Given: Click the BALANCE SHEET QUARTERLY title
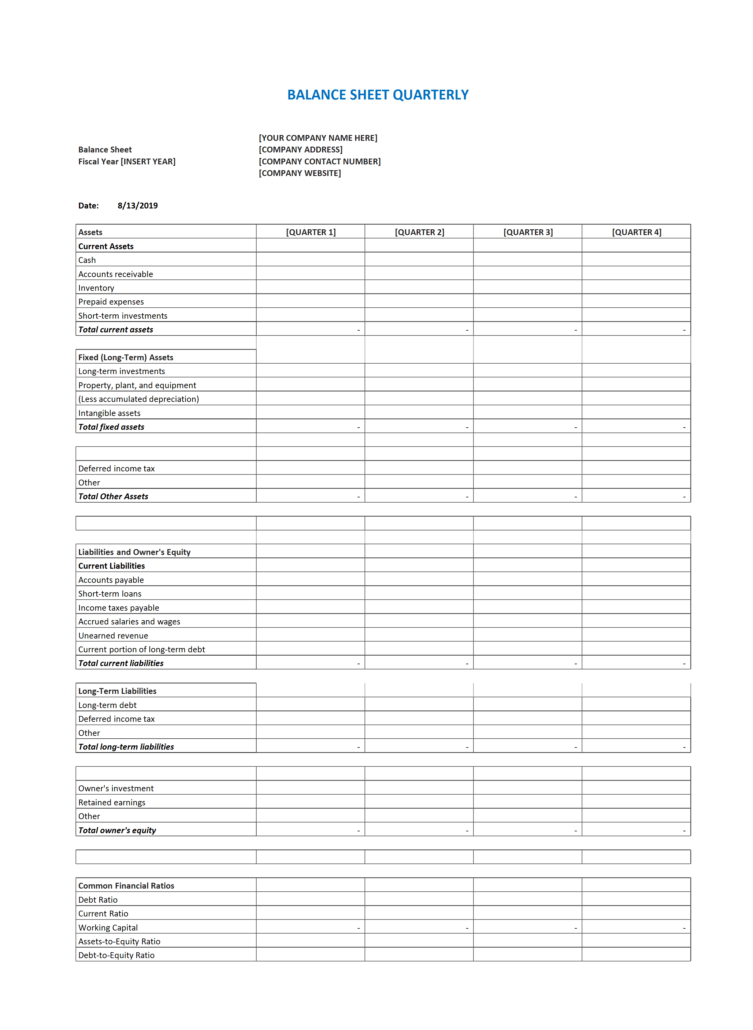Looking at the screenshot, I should point(377,95).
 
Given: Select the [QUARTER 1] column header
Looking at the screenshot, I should point(310,232).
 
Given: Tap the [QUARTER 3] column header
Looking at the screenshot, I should point(528,232).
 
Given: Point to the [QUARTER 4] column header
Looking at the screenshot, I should point(636,232).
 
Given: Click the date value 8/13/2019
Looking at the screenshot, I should point(138,206).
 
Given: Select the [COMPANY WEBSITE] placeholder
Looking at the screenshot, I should point(299,173).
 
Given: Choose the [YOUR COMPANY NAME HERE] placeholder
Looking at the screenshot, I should point(318,138).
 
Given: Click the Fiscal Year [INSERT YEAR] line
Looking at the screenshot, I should point(127,162).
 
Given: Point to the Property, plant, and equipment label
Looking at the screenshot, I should point(137,385).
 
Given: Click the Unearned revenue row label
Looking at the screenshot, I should point(113,636).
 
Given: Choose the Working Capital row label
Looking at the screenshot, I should point(108,928).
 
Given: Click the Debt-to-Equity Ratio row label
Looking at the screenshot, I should point(116,956).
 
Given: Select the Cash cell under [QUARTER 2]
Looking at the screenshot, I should point(419,260).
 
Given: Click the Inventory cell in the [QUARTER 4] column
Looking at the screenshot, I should point(636,288).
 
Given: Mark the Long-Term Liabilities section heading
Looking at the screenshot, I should point(117,691).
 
